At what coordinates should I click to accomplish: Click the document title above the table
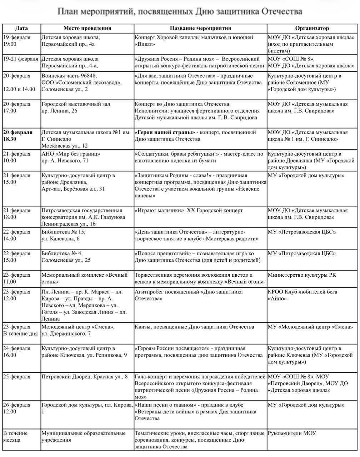click(x=180, y=12)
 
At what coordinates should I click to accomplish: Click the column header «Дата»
click(x=21, y=28)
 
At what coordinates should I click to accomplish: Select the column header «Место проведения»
click(x=87, y=28)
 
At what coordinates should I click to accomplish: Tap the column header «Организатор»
click(x=312, y=28)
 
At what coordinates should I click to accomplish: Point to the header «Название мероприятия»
click(x=200, y=28)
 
